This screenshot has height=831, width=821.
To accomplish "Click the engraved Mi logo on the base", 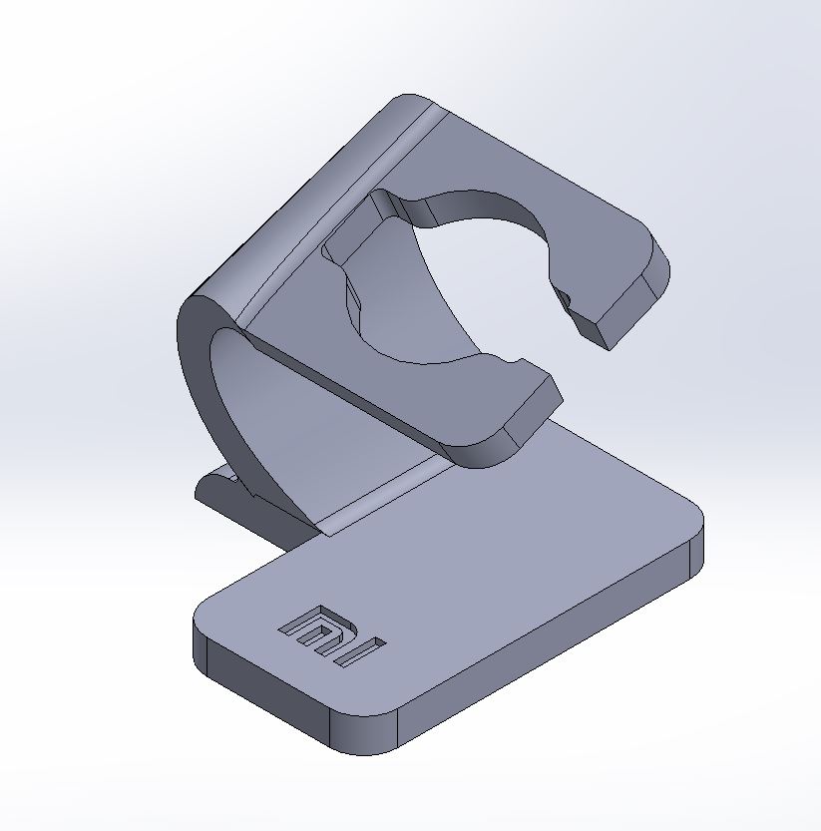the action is (x=332, y=635).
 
